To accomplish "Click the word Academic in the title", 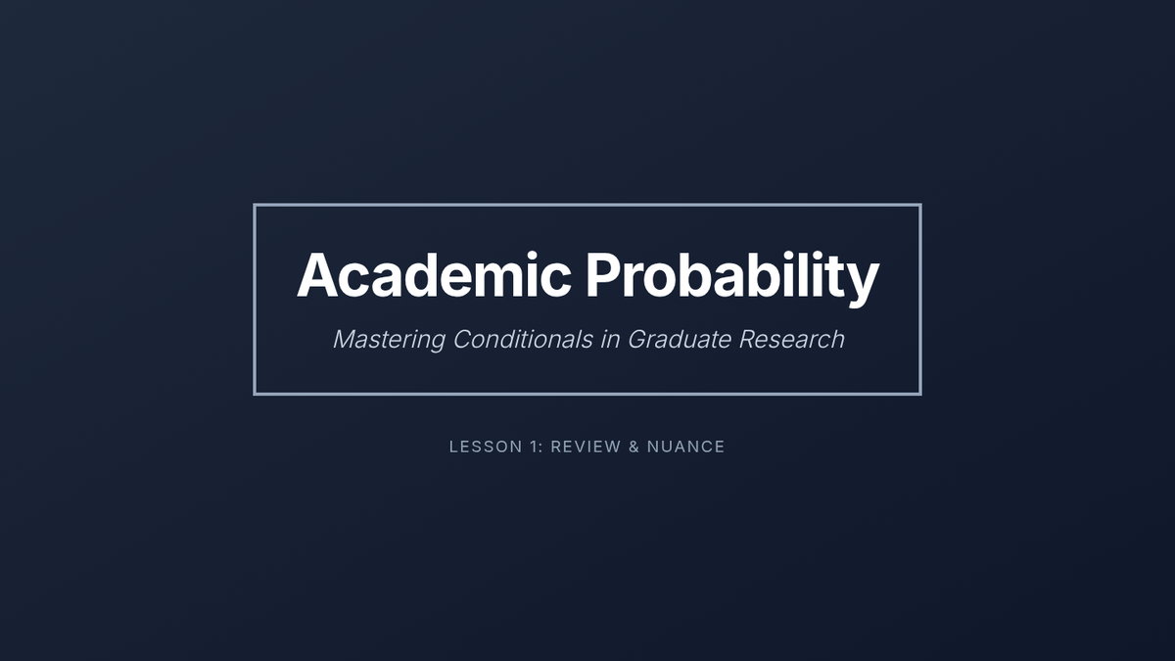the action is (434, 274).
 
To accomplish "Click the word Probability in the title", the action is (732, 278).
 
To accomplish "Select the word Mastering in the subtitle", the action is (390, 340).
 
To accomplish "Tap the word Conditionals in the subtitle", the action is (523, 339).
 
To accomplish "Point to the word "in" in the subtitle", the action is (610, 339).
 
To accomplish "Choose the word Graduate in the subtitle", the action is (680, 339).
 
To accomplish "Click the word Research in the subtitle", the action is (791, 339).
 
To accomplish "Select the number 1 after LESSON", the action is (533, 447).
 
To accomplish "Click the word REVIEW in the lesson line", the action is (586, 447).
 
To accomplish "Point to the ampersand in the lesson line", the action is (634, 447).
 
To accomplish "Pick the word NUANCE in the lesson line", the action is (685, 447).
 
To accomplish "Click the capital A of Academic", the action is (317, 275).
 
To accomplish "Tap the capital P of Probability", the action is (603, 275).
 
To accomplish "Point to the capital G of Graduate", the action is (637, 340).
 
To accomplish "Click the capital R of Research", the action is (748, 340).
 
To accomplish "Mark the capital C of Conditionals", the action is (463, 340).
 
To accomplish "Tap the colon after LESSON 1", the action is (540, 449).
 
